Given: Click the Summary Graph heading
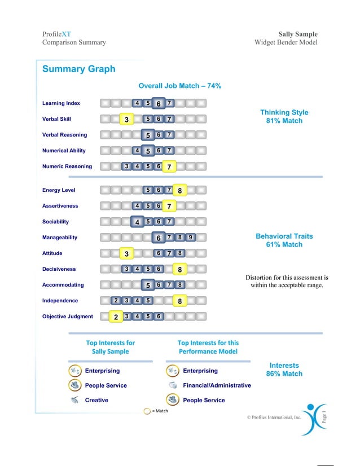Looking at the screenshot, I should coord(78,69).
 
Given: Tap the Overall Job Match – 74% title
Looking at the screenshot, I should coord(179,86).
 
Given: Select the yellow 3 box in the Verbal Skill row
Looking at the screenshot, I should coord(127,120).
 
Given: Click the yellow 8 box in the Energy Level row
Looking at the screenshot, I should coord(179,191).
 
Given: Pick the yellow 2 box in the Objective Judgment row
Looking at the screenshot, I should coord(116,317).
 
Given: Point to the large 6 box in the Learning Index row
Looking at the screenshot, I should coord(159,104).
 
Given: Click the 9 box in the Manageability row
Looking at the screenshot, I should coord(191,238).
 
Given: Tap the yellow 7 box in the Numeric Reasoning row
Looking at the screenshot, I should coord(169,167).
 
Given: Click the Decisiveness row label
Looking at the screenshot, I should coord(59,269).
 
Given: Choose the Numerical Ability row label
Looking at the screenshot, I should coord(64,151).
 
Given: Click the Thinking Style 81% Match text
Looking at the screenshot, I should coord(284,117).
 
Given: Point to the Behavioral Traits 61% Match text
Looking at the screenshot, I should coord(284,240).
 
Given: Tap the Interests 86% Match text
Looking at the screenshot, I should coord(284,370).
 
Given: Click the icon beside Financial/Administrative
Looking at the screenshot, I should coord(173,385).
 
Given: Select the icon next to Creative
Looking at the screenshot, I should coord(74,400).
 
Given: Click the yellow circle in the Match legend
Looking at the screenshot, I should coord(147,411).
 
